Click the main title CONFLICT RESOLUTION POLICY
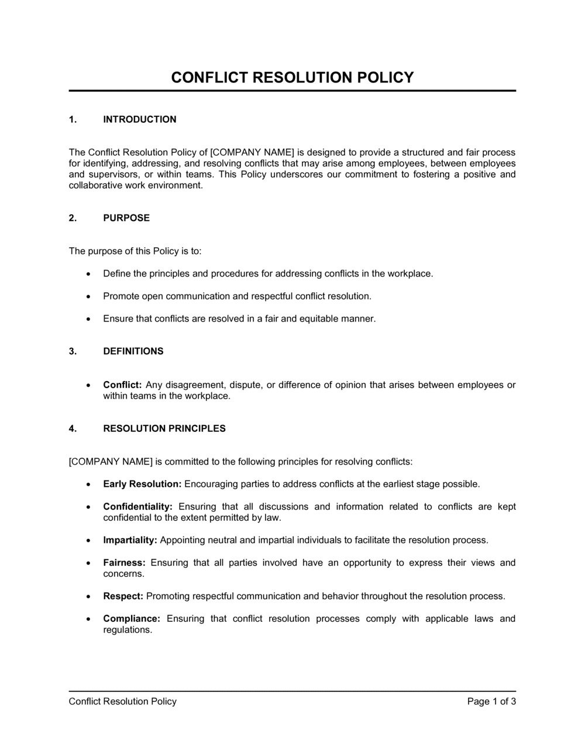point(292,77)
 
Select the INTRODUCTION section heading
point(139,119)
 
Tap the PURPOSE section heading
point(126,217)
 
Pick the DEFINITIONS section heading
point(133,351)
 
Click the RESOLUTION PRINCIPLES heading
point(164,428)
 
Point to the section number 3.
point(73,351)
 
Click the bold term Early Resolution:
point(142,484)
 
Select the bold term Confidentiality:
point(137,506)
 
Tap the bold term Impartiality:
point(130,540)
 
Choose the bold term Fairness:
point(124,562)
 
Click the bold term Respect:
point(123,596)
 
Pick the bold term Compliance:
point(132,618)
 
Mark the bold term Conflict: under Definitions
point(122,385)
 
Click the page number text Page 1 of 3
point(491,701)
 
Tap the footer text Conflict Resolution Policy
point(122,701)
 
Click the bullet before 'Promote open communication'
point(88,296)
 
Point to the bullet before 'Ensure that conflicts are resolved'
point(88,319)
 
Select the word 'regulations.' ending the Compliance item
point(128,630)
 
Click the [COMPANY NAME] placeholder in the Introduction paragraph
point(252,153)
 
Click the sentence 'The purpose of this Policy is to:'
point(135,251)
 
